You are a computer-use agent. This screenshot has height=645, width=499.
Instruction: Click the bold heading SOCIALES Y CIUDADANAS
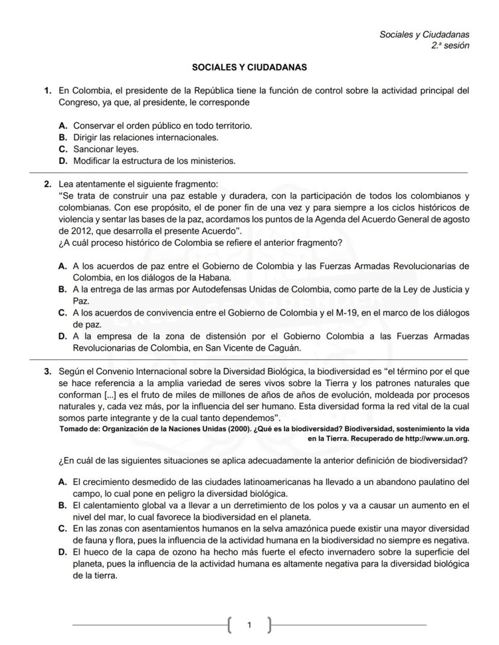coord(249,67)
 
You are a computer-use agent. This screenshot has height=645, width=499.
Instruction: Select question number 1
coord(47,91)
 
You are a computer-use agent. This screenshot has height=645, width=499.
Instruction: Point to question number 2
coord(47,184)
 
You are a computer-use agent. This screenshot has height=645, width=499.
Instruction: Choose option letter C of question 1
coord(62,149)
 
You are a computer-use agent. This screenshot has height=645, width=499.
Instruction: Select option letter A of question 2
coord(62,266)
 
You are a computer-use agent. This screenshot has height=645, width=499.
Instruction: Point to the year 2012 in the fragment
coord(70,230)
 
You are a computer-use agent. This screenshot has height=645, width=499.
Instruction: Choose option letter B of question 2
coord(62,289)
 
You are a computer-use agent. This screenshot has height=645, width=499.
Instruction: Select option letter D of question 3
coord(62,552)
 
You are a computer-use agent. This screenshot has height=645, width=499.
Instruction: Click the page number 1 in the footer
coord(249,625)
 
